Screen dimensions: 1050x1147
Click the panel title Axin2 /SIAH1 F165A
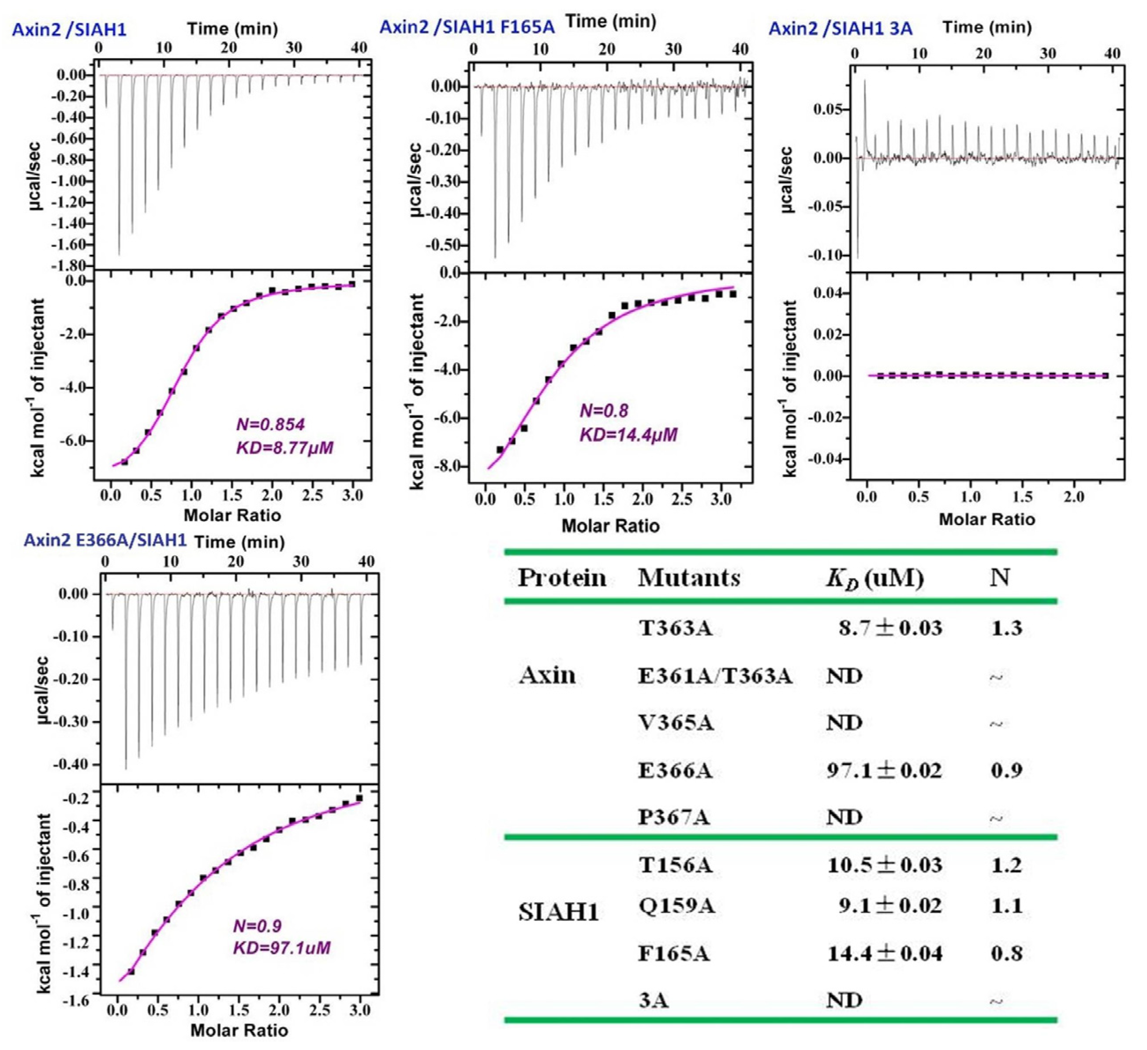(467, 27)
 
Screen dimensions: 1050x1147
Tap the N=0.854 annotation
(270, 424)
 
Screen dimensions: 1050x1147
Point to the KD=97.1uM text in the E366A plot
(282, 948)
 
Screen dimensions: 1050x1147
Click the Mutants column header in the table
(688, 578)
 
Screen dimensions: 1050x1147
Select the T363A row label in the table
(675, 629)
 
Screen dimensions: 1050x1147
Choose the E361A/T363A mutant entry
(714, 676)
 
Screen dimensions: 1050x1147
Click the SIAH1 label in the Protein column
(558, 913)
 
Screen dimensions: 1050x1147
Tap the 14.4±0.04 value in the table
(884, 954)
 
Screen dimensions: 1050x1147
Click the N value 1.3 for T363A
(1006, 629)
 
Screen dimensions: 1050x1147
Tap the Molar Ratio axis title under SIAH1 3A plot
(986, 519)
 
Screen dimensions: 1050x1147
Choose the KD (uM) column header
(874, 579)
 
